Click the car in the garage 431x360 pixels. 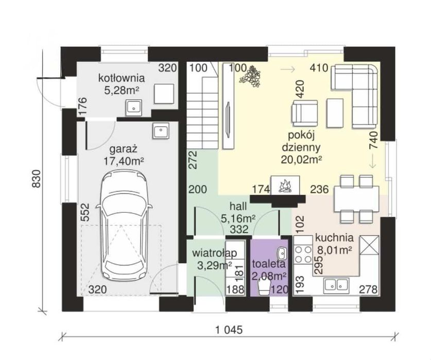point(124,225)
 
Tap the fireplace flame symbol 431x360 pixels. point(285,186)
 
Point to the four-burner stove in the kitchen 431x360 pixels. point(303,254)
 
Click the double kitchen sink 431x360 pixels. point(336,285)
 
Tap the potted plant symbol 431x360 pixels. point(250,76)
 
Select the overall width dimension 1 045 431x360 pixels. point(229,330)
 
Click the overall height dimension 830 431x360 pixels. point(36,179)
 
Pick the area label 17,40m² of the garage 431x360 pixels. point(124,161)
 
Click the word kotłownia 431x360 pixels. point(122,78)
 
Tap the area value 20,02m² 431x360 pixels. point(301,159)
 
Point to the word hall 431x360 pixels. point(238,206)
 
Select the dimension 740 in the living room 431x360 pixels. point(374,140)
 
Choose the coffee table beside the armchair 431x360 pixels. point(335,113)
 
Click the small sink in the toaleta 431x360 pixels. point(282,252)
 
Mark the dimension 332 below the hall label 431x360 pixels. point(239,229)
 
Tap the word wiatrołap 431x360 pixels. point(214,253)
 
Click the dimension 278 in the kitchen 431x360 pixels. point(368,289)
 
